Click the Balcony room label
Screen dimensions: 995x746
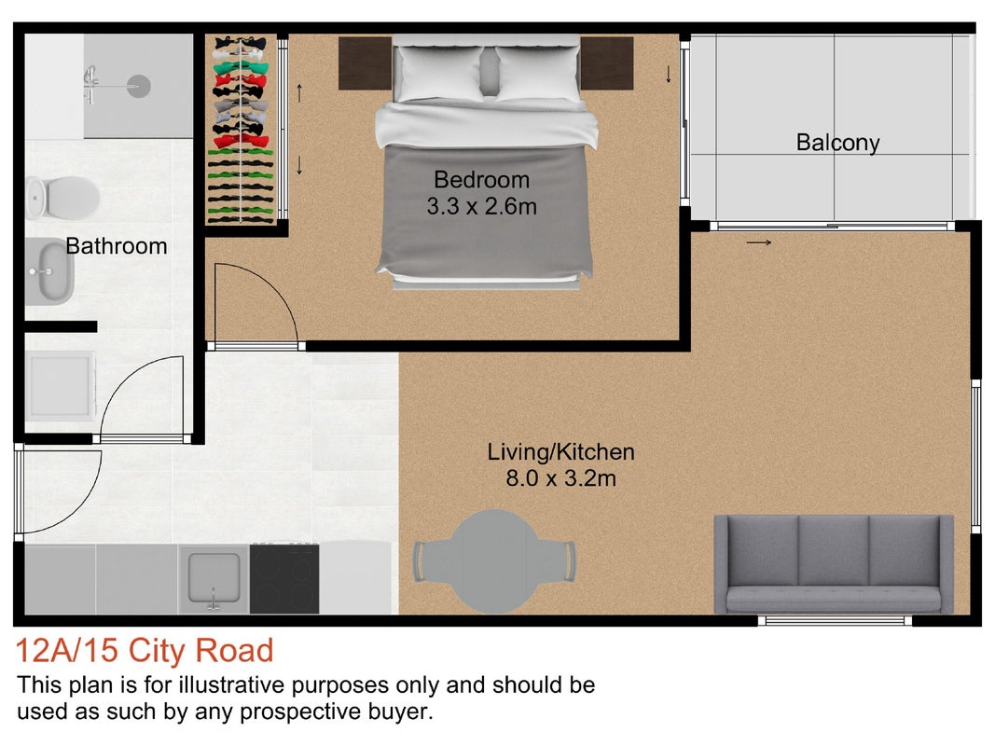837,143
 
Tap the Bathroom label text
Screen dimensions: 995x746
117,246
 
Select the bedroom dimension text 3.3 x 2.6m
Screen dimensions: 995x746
481,206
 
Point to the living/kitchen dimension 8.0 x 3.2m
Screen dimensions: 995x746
561,477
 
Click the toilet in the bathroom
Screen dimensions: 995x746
62,198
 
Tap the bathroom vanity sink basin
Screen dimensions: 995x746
49,271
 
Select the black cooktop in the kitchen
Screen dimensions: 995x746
284,578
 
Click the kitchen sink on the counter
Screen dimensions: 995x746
214,578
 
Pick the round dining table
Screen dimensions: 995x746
495,560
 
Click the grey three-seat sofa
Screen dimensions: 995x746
833,564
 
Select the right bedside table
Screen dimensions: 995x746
607,62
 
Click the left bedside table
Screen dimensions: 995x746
365,62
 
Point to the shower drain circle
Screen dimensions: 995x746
138,86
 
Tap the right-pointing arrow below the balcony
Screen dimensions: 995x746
759,242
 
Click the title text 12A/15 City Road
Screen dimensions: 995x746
144,651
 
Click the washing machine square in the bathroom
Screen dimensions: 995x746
61,386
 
